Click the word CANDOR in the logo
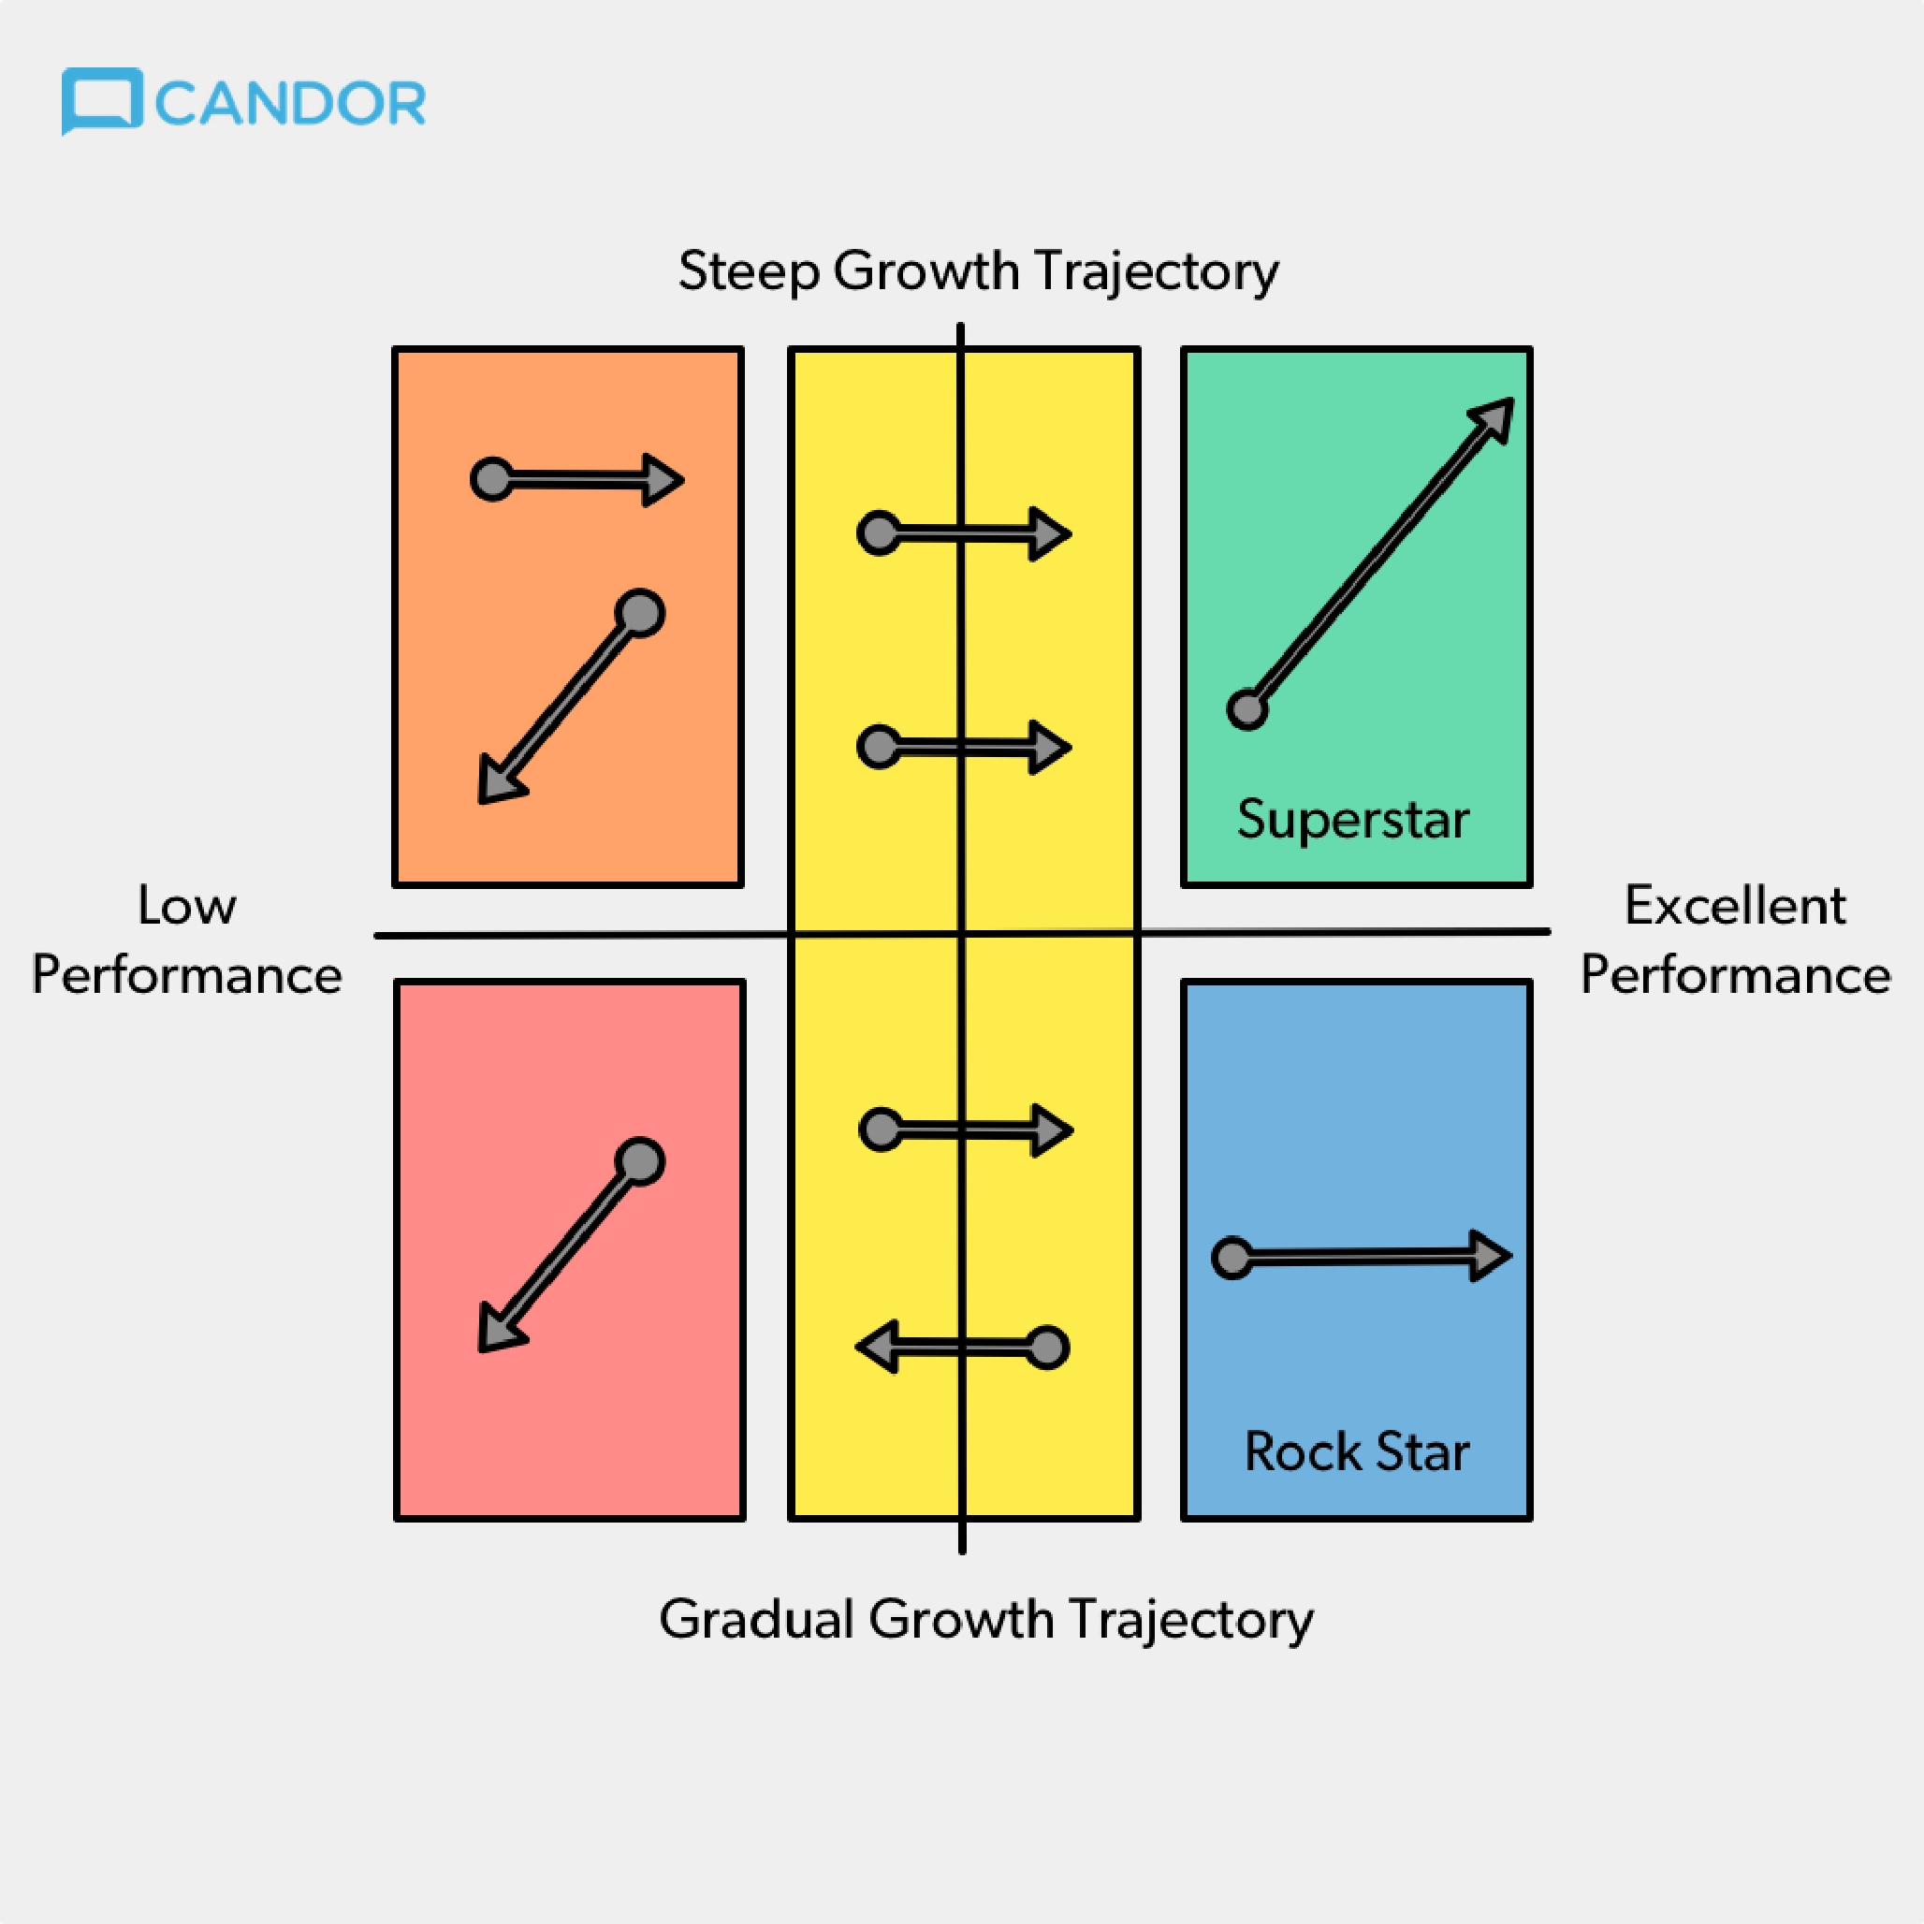(x=291, y=104)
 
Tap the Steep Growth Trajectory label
(x=978, y=270)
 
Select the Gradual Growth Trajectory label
(x=986, y=1619)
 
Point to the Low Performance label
(x=187, y=940)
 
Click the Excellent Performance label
(x=1736, y=940)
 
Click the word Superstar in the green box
(x=1353, y=820)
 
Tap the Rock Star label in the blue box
(x=1356, y=1451)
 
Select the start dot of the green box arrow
(x=1246, y=710)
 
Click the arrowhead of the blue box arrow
(x=1491, y=1256)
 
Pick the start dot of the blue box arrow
(x=1232, y=1258)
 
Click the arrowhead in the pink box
(x=501, y=1329)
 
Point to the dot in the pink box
(x=639, y=1161)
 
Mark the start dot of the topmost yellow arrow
(x=880, y=533)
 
